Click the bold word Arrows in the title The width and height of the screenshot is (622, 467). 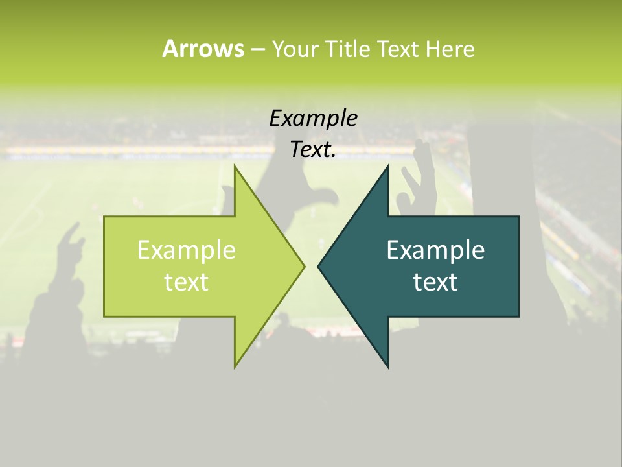[x=203, y=49]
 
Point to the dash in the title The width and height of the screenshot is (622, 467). [x=257, y=49]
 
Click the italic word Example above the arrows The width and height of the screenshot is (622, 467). [x=313, y=119]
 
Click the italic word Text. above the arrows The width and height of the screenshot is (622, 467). [x=313, y=150]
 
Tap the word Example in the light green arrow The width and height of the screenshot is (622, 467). [x=186, y=250]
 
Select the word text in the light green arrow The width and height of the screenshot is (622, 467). [x=186, y=281]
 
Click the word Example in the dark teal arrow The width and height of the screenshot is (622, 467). [x=435, y=250]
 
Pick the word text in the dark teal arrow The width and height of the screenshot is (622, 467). [x=435, y=281]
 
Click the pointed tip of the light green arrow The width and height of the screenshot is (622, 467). [x=303, y=266]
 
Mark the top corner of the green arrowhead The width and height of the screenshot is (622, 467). [x=235, y=167]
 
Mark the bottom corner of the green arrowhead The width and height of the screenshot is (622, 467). [x=235, y=366]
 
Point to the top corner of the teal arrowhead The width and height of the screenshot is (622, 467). [x=387, y=167]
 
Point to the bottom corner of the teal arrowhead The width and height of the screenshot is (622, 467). [x=387, y=366]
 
